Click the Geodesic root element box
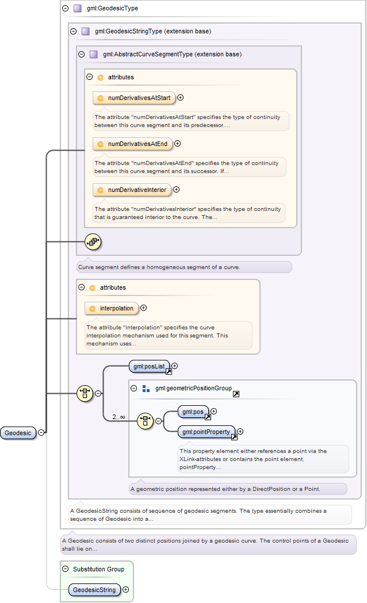click(18, 433)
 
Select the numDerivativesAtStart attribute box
click(134, 98)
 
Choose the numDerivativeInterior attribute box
click(132, 190)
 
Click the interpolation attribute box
click(112, 309)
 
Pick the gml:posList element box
click(150, 367)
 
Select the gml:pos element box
click(193, 412)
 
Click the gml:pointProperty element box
click(207, 432)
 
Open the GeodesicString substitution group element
click(94, 590)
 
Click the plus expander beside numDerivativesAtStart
click(180, 98)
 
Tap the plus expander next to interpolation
click(143, 308)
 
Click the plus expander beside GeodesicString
click(125, 590)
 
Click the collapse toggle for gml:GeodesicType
click(66, 8)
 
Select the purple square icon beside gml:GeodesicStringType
click(85, 31)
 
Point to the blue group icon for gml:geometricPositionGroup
click(146, 389)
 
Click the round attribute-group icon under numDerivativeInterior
click(93, 242)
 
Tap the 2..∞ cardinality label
click(118, 417)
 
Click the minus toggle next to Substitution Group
click(66, 569)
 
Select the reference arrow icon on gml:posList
click(169, 371)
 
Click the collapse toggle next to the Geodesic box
click(41, 433)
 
